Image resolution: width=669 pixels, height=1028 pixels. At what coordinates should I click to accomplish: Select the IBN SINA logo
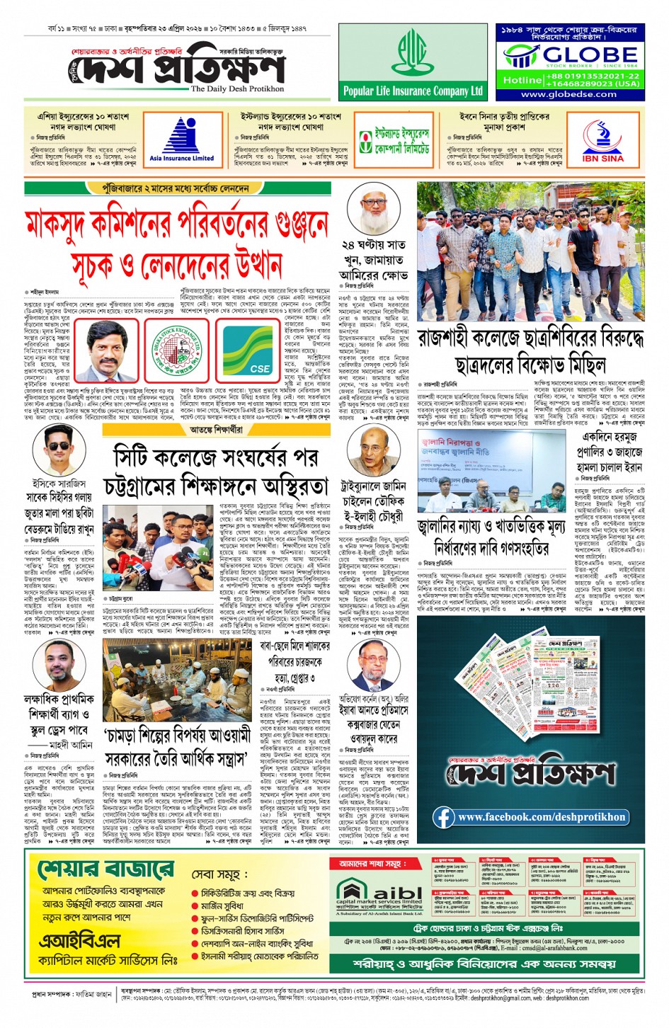point(602,139)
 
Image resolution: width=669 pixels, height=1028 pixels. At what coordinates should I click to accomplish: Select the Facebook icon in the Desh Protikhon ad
point(444,817)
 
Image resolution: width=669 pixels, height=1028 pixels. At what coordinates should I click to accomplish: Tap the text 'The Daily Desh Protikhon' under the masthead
point(237,89)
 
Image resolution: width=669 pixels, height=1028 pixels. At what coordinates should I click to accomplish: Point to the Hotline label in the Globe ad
point(522,80)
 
